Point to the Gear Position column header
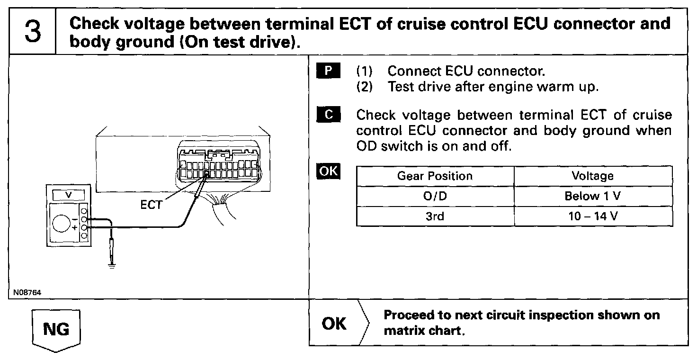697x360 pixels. [x=435, y=176]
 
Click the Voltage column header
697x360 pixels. [x=592, y=176]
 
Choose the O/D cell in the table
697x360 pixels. [x=435, y=197]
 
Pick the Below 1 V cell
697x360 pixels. [x=592, y=197]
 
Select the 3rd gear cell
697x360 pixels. [x=435, y=216]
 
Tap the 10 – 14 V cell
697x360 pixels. [x=592, y=216]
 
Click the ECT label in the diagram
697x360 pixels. [x=151, y=205]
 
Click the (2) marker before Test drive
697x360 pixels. [x=364, y=87]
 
